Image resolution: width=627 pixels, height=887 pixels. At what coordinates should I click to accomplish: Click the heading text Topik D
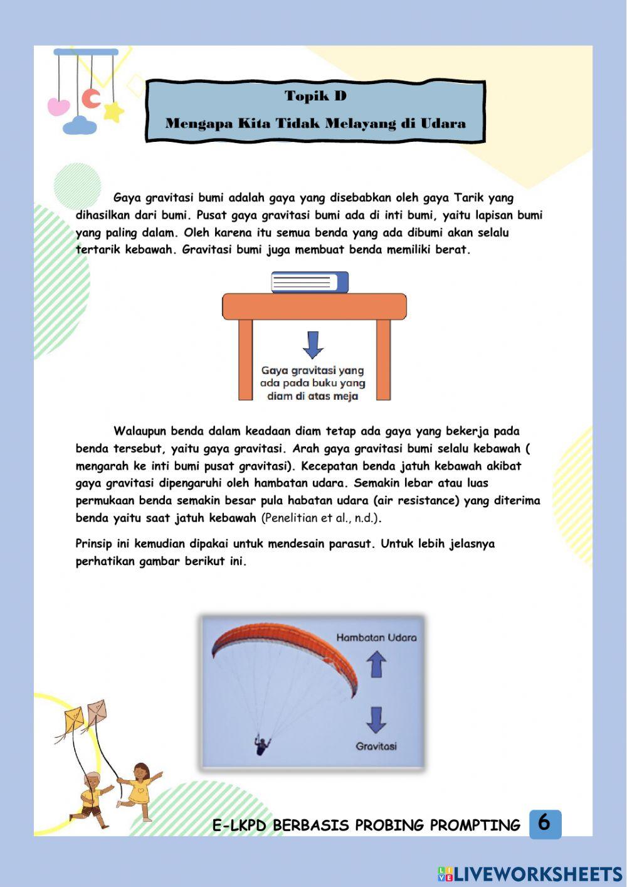coord(315,96)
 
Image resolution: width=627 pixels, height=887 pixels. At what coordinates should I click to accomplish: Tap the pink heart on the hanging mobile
coord(58,106)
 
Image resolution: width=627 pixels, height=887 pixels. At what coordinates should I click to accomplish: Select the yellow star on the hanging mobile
coord(113,112)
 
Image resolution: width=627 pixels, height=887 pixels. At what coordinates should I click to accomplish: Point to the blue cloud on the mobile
coord(80,126)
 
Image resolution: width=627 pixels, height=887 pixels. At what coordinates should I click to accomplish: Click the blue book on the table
coord(310,282)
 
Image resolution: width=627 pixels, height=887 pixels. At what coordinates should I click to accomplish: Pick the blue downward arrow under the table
coord(313,345)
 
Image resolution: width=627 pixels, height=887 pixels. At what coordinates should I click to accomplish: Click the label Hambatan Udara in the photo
coord(376,637)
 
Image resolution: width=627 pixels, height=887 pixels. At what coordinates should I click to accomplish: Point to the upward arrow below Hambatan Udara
coord(376,664)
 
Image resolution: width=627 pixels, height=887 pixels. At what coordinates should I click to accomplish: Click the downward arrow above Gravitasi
coord(376,720)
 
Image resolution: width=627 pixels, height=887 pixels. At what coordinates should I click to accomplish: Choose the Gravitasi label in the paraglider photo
coord(376,746)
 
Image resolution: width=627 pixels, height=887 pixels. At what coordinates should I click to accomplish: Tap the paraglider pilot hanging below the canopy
coord(261,745)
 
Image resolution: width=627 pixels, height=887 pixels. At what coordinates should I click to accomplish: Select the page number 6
coord(544,823)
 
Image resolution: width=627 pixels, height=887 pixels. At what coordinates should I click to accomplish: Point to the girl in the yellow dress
coord(139,792)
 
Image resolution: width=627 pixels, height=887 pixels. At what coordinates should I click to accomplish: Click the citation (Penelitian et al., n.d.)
coord(322,518)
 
